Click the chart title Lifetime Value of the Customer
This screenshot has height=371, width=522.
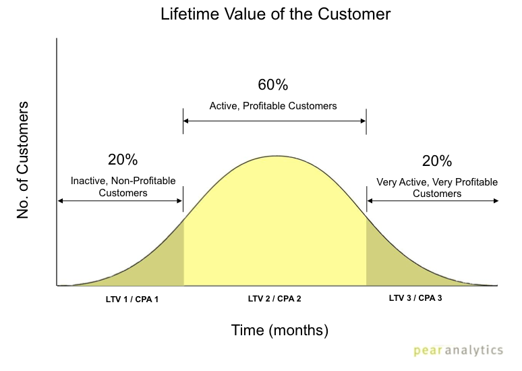click(275, 14)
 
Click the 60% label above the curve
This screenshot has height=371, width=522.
click(272, 84)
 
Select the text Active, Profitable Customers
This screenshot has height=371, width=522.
click(273, 106)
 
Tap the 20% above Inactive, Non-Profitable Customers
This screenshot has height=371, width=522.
click(123, 159)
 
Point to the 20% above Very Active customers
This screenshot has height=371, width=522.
click(437, 161)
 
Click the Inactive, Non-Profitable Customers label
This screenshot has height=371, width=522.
click(123, 187)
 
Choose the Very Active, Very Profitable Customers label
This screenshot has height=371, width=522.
click(437, 188)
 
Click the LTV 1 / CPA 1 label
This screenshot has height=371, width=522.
click(132, 299)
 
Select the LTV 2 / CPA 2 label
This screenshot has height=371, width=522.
click(274, 299)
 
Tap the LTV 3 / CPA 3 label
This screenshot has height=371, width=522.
click(415, 298)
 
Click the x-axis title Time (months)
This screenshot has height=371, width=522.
click(280, 331)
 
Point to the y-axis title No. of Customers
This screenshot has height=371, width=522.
click(23, 160)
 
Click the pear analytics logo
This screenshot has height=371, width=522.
click(458, 350)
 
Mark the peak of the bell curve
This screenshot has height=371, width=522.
click(276, 156)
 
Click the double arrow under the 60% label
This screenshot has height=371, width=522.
click(274, 121)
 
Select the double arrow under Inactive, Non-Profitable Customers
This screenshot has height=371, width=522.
click(120, 201)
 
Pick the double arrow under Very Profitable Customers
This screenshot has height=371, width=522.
click(433, 201)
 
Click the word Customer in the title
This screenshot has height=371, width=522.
click(354, 14)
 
